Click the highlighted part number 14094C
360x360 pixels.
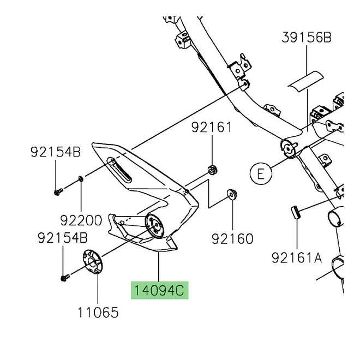click(x=159, y=290)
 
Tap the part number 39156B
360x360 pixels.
click(x=307, y=38)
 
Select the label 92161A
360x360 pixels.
click(x=297, y=257)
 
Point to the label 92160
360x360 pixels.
click(x=233, y=238)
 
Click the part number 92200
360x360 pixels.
click(x=82, y=220)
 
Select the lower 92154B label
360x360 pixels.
click(x=62, y=238)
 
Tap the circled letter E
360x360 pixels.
click(x=261, y=173)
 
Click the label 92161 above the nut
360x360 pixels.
click(x=211, y=128)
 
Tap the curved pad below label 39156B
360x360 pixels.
click(x=306, y=82)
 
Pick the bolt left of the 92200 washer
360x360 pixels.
click(x=58, y=190)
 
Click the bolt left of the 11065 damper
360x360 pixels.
click(x=64, y=278)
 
